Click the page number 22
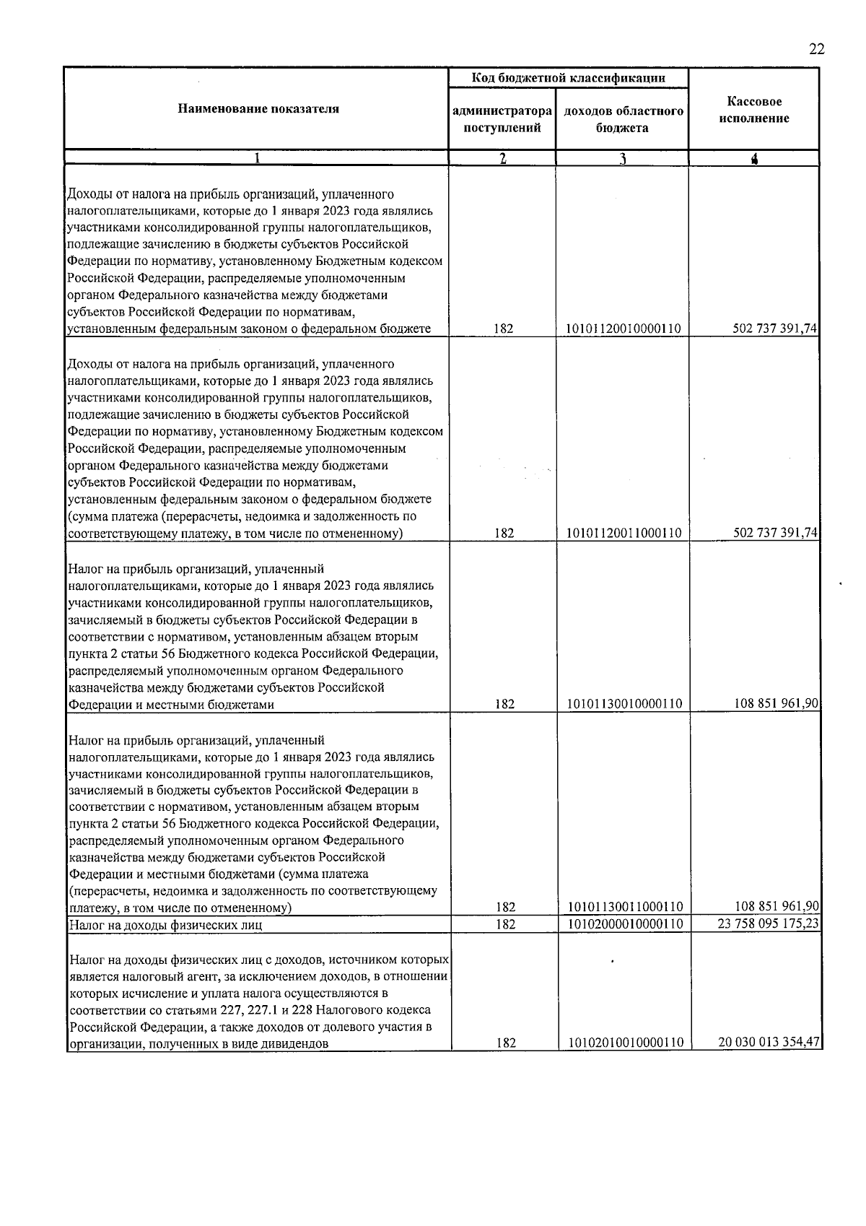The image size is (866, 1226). (x=815, y=49)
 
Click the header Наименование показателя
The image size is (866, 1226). (x=258, y=109)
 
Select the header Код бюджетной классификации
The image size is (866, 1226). (x=568, y=78)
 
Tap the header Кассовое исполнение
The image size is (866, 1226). (x=753, y=110)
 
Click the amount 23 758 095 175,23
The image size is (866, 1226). (x=768, y=924)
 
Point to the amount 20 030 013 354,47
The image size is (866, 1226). (x=768, y=1043)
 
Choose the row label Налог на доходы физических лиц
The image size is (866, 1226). (x=165, y=925)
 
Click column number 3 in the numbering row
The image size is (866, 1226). (x=622, y=159)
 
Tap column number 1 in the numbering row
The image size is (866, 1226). (x=258, y=159)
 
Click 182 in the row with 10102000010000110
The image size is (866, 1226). (x=504, y=924)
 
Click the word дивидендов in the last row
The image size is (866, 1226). (x=296, y=1044)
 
